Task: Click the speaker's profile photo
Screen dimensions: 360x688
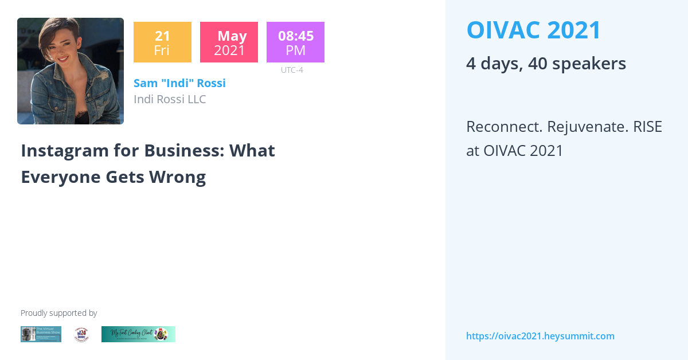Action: coord(71,71)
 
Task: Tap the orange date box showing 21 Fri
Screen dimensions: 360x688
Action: coord(162,42)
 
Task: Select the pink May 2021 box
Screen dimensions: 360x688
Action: coord(229,42)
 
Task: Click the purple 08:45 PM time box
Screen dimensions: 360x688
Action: coord(295,42)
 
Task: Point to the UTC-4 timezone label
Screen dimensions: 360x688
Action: coord(292,70)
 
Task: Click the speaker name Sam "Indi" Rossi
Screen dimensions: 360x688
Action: coord(179,83)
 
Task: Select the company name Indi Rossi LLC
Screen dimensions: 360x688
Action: coord(170,99)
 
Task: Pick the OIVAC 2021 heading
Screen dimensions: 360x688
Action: coord(534,30)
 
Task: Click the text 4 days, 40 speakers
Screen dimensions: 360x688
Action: coord(546,63)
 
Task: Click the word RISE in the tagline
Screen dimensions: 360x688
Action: coord(647,126)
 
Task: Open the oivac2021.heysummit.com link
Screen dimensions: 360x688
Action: coord(540,336)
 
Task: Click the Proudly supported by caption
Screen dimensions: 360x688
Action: coord(58,313)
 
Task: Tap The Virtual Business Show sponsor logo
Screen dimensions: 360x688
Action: coord(41,334)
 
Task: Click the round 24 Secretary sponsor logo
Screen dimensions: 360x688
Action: coord(81,334)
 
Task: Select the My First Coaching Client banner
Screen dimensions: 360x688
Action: coord(138,334)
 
